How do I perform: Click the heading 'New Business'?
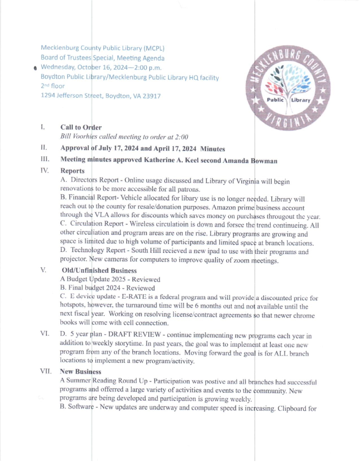tap(81, 372)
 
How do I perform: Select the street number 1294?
tap(49, 96)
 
